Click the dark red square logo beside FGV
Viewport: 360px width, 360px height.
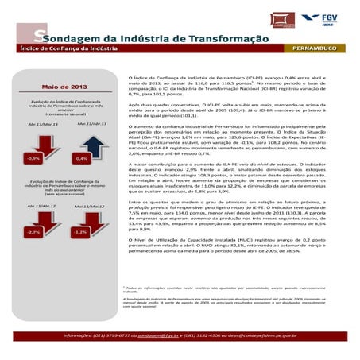pos(281,19)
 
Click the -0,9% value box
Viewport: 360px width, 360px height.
pos(33,158)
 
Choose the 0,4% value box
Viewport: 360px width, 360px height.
pos(81,158)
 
